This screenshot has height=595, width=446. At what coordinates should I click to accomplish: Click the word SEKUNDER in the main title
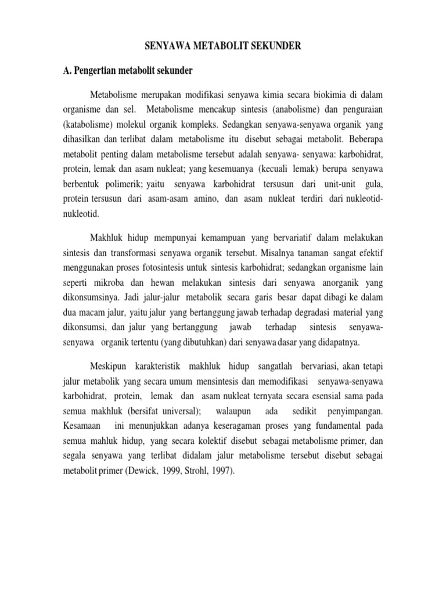[x=272, y=46]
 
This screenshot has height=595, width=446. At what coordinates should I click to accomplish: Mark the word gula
[x=373, y=184]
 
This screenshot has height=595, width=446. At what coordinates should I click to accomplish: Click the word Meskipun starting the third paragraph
[x=109, y=368]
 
